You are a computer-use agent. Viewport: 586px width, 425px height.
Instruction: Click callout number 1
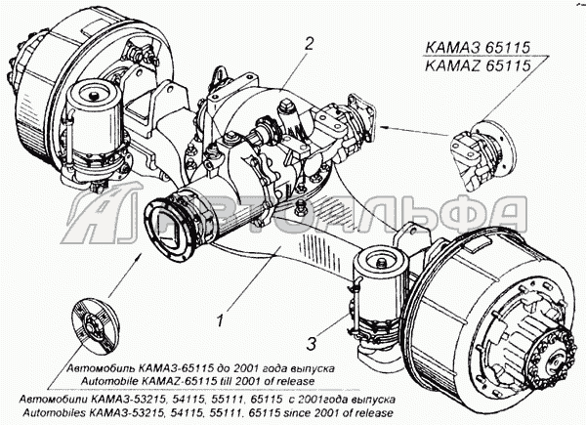coord(221,319)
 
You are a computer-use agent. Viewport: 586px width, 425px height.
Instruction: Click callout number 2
coord(309,45)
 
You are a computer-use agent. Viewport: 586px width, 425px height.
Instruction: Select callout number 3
coord(312,344)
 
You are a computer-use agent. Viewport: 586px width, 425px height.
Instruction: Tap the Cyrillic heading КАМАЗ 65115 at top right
coord(478,48)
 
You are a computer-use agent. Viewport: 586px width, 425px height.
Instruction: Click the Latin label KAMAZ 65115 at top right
coord(478,65)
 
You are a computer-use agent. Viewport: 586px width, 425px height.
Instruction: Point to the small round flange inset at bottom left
coord(96,326)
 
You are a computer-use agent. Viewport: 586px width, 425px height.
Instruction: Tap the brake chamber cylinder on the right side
coord(379,295)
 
